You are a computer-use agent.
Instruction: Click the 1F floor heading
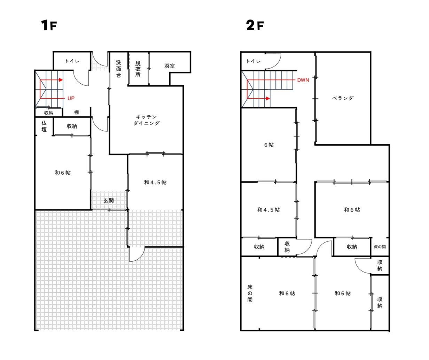coord(49,25)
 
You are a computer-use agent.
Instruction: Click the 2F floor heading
coord(255,25)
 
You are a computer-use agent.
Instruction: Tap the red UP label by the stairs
coord(71,98)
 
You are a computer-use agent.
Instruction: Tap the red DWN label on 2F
coord(303,80)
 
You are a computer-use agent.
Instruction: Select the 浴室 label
coord(170,66)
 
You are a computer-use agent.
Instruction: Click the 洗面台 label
coord(118,69)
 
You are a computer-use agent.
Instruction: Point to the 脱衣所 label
coord(138,69)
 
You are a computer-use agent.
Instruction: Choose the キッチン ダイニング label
coord(146,120)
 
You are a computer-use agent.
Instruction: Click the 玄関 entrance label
coord(109,200)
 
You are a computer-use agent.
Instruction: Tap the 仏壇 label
coord(44,126)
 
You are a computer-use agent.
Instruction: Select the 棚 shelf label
coord(76,112)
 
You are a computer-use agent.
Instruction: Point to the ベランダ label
coord(343,98)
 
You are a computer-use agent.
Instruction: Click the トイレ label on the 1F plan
coord(72,61)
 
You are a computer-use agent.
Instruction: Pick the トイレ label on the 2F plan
coord(253,61)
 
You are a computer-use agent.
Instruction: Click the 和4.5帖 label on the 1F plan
coord(155,182)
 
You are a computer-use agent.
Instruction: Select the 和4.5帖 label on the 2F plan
coord(268,210)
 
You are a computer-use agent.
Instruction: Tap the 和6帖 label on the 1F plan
coord(63,173)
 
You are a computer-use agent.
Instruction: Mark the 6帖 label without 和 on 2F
coord(269,145)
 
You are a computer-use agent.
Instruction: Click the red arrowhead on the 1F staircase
coord(61,80)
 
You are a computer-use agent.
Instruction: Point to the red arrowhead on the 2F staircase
coord(268,99)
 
